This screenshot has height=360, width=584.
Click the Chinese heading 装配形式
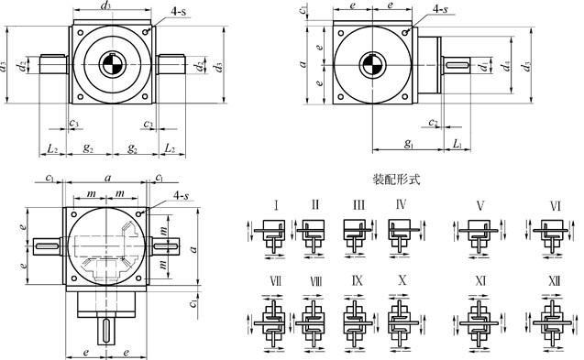click(x=396, y=180)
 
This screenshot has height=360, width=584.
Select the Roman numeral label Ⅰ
click(x=276, y=205)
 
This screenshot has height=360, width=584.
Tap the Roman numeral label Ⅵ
click(x=555, y=206)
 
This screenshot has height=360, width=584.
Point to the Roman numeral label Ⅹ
click(x=402, y=280)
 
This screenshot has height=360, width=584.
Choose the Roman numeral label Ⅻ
click(x=554, y=280)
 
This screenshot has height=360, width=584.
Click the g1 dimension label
click(x=409, y=143)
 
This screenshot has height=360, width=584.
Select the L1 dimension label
click(x=457, y=143)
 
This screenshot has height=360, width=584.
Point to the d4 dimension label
click(x=505, y=66)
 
